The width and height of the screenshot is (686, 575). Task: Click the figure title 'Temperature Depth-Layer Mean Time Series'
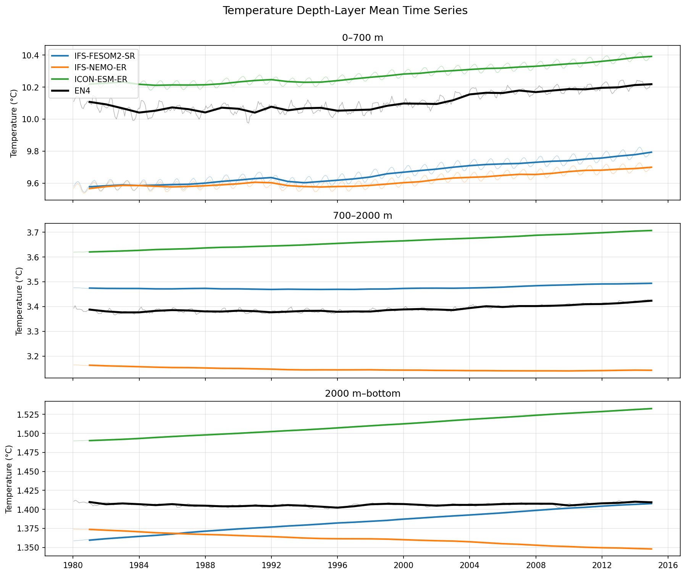345,11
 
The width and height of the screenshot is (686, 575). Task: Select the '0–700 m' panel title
362,38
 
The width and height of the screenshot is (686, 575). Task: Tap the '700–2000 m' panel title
362,216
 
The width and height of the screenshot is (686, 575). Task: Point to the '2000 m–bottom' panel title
362,394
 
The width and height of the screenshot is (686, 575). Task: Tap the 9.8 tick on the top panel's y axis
33,152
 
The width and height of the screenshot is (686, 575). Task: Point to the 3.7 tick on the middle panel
36,233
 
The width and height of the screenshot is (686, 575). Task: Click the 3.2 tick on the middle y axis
36,356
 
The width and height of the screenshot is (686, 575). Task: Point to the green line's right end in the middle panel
652,230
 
